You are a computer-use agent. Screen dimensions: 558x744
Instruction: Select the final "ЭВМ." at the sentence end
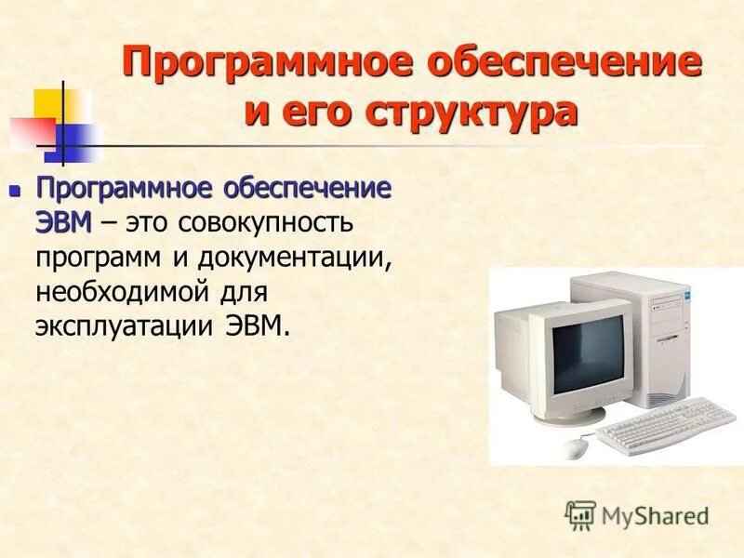click(x=265, y=325)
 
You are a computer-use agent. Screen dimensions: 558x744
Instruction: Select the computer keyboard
click(x=665, y=422)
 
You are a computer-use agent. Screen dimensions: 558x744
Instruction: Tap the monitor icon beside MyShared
click(x=580, y=514)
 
